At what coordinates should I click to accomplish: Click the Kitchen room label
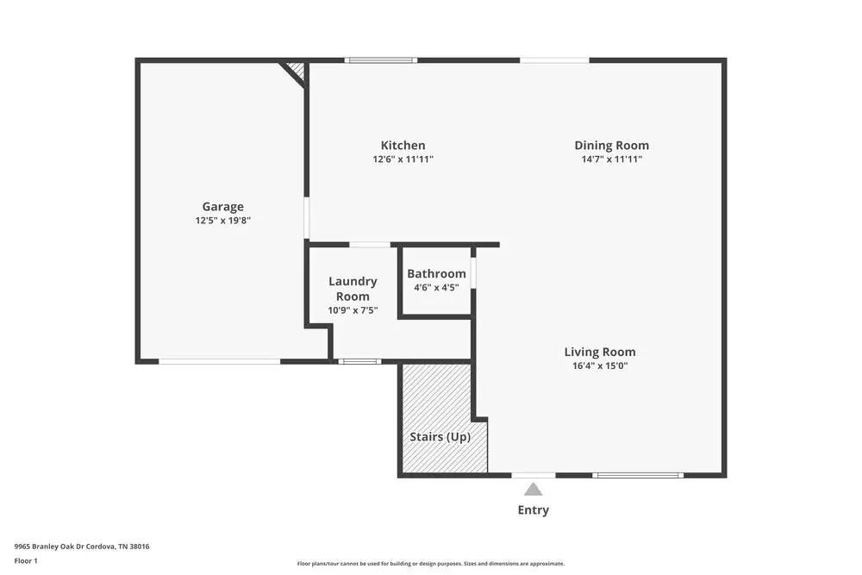click(x=403, y=146)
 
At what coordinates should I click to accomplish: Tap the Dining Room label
click(x=611, y=146)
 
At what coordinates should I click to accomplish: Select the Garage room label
click(x=222, y=207)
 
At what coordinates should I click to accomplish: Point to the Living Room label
click(x=600, y=352)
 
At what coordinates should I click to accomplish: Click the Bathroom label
click(x=436, y=274)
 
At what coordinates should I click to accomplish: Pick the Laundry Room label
click(x=353, y=289)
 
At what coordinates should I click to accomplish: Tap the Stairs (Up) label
click(x=440, y=437)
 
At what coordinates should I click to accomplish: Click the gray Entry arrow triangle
click(x=534, y=490)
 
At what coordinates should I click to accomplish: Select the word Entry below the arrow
click(x=533, y=509)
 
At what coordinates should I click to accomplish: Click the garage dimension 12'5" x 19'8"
click(x=222, y=221)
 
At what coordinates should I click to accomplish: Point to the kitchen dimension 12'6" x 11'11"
click(x=403, y=159)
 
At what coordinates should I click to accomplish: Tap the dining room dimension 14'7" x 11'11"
click(x=611, y=159)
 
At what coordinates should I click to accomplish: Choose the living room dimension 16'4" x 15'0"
click(x=600, y=366)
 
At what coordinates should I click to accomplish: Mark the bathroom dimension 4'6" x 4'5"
click(x=436, y=288)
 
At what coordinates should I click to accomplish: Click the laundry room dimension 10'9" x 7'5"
click(x=353, y=310)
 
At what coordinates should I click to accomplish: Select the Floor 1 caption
click(x=26, y=560)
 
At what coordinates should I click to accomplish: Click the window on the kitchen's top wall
click(x=381, y=60)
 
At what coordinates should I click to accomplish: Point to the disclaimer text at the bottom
click(x=431, y=564)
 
